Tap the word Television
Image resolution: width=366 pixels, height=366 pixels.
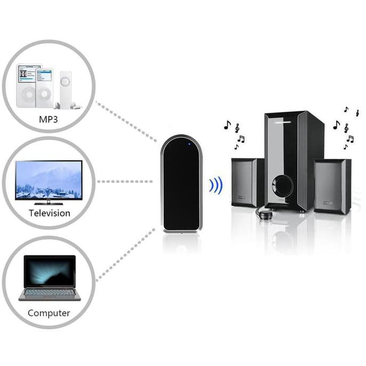click(49, 213)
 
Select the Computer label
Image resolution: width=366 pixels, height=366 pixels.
click(49, 313)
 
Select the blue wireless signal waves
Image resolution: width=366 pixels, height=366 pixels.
click(215, 185)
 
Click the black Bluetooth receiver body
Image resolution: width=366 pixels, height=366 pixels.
click(182, 186)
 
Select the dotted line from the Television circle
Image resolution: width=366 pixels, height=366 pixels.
click(128, 181)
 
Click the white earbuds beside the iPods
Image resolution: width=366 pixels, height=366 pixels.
click(77, 105)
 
